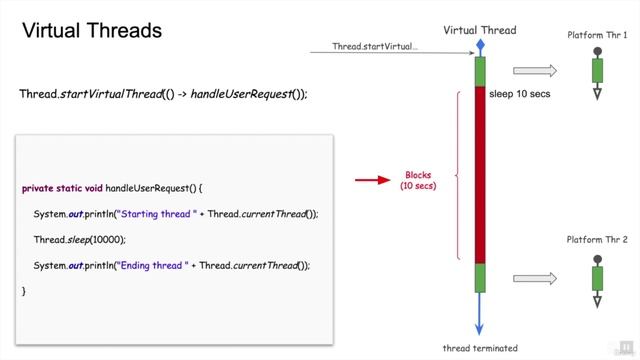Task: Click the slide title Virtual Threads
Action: click(92, 31)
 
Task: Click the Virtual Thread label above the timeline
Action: click(480, 30)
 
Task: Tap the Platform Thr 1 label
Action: click(597, 35)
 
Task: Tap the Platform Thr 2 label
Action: click(597, 241)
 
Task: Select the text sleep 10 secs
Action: click(520, 95)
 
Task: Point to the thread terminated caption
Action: click(480, 348)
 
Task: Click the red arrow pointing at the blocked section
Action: click(372, 181)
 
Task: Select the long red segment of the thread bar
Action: click(480, 175)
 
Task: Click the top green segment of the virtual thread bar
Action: click(480, 71)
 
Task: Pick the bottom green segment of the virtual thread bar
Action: click(480, 277)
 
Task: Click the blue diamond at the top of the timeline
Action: click(480, 47)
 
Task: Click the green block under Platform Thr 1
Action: click(597, 71)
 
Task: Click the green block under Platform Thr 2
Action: click(597, 278)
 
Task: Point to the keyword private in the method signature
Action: click(41, 188)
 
